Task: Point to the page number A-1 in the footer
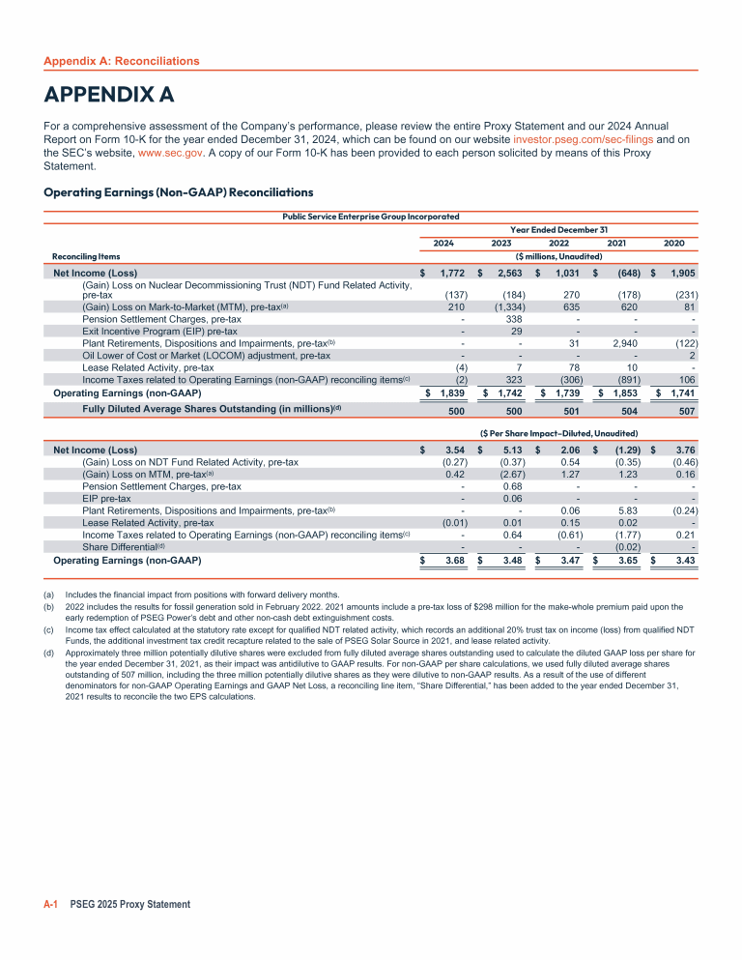coord(51,904)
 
